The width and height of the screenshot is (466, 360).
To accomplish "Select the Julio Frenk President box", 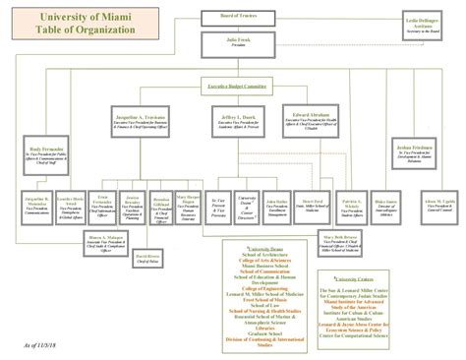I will coord(233,42).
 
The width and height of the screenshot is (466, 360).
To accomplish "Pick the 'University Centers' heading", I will coord(385,250).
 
